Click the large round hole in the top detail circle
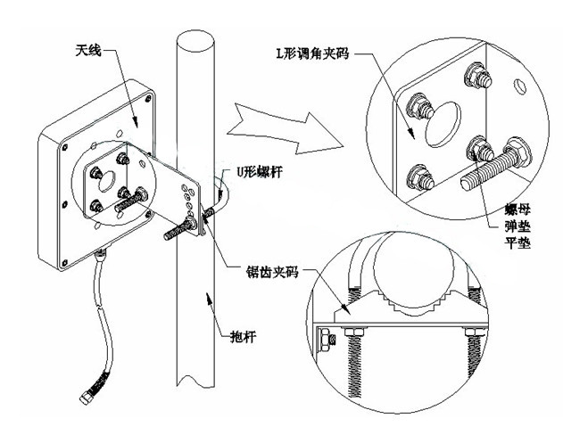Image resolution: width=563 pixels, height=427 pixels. click(443, 122)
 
